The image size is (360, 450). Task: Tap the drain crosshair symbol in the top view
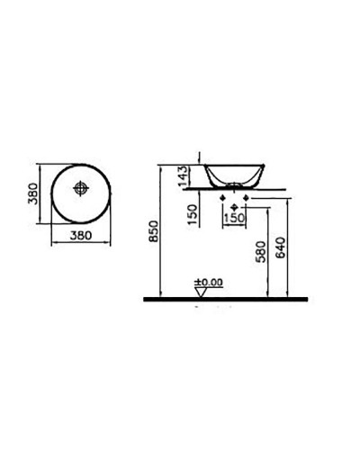(x=81, y=189)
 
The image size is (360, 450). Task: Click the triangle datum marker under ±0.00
(x=202, y=290)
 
